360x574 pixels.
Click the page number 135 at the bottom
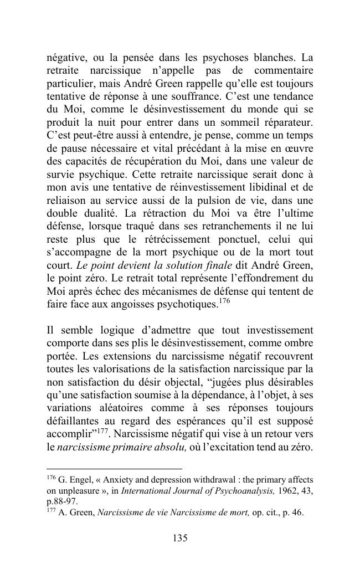point(180,538)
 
